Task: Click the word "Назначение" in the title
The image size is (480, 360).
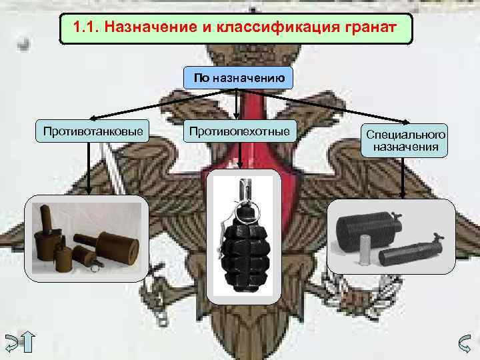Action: click(x=151, y=27)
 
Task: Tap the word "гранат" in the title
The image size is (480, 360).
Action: click(x=371, y=28)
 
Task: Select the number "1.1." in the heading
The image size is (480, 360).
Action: click(x=87, y=27)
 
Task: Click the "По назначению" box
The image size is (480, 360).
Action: click(x=238, y=78)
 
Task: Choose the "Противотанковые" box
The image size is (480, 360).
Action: click(x=93, y=131)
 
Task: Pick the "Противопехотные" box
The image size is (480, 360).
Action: click(x=240, y=131)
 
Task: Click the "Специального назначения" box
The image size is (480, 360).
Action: click(x=405, y=141)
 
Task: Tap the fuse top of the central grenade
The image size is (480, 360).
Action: click(x=245, y=189)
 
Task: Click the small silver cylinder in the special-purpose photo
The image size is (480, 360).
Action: click(x=365, y=249)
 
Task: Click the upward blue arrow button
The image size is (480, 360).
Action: click(x=28, y=341)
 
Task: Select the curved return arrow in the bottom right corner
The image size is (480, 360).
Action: click(x=465, y=344)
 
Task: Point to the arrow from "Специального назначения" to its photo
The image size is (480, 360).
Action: click(x=403, y=178)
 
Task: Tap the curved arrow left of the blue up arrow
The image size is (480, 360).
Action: click(x=11, y=343)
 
